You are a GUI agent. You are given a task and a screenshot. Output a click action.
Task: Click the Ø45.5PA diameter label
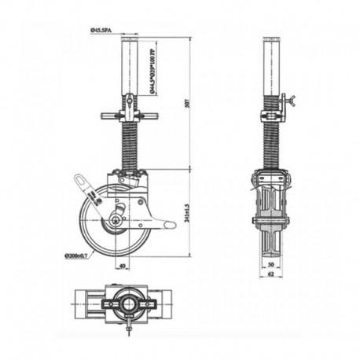pos(103,29)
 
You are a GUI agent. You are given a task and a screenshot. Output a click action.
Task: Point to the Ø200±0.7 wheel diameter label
pos(77,255)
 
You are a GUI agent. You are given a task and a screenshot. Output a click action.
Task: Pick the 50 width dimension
pos(272,266)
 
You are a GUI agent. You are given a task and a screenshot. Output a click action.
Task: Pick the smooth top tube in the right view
pos(272,63)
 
